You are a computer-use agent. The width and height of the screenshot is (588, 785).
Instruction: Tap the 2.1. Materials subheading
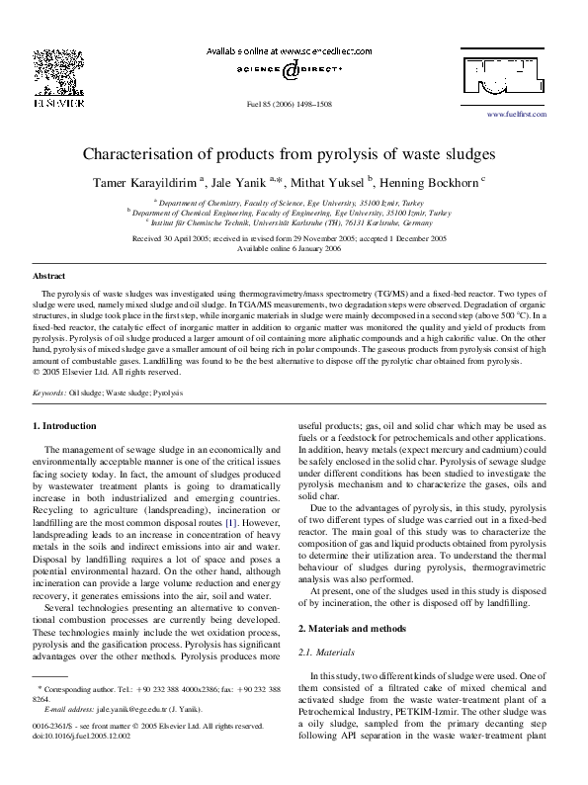click(x=331, y=625)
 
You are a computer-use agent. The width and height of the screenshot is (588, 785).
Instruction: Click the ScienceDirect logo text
click(x=294, y=71)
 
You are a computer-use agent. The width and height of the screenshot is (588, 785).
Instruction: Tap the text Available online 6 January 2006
click(x=294, y=248)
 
